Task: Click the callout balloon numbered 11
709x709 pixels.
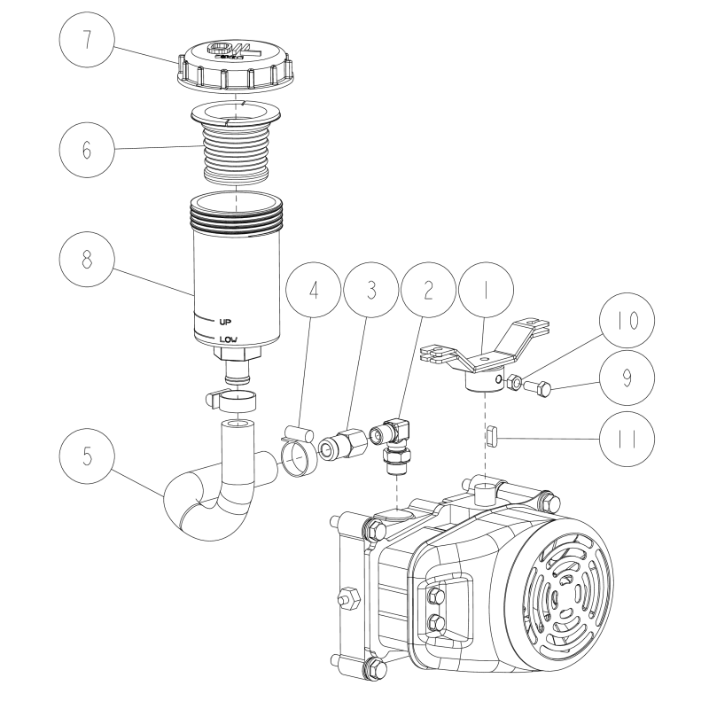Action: tap(626, 437)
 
